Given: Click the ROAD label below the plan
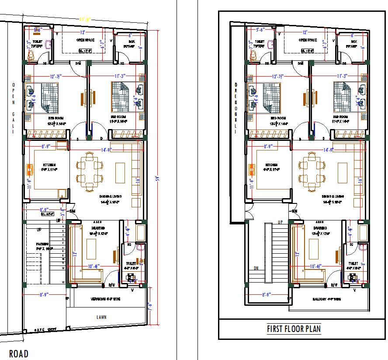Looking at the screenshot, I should tap(19, 353).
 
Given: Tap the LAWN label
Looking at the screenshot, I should tap(101, 317).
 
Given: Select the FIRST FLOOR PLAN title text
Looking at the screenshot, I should tap(294, 329).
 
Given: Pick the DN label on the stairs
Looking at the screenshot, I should tap(256, 269).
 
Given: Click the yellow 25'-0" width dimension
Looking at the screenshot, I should tap(85, 19).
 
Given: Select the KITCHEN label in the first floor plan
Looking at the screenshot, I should tap(271, 165).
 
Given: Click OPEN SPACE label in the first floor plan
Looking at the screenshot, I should tap(308, 40).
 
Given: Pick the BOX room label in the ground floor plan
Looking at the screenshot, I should tap(130, 42).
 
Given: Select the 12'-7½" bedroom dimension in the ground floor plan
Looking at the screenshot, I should tap(55, 76).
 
